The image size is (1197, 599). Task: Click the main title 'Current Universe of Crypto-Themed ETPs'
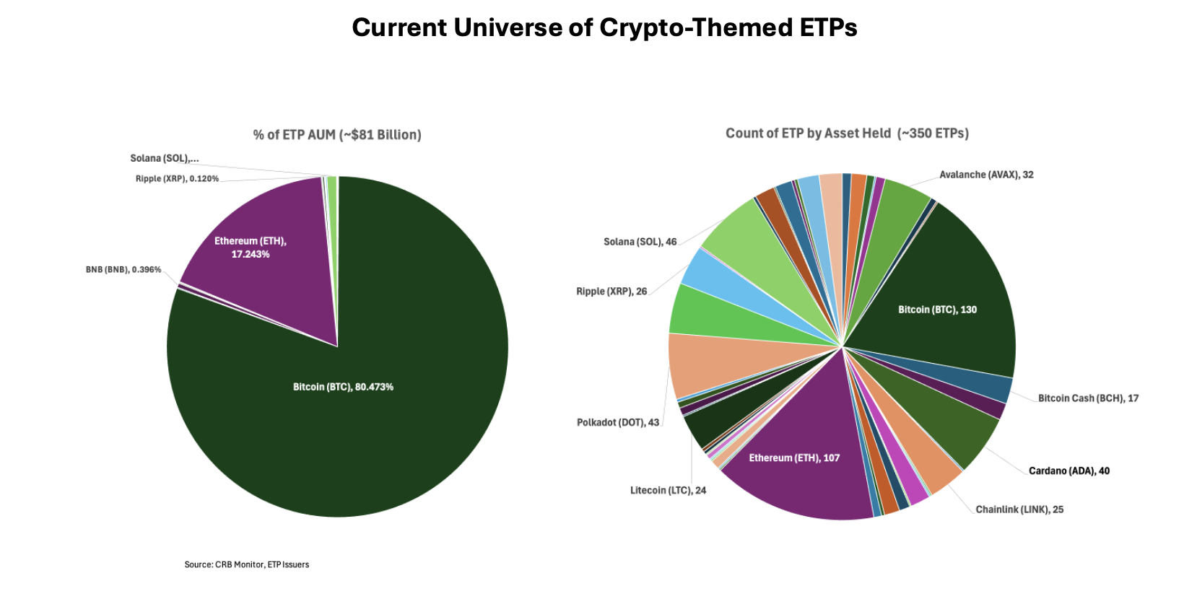604,27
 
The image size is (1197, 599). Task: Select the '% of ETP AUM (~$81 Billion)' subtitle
337,135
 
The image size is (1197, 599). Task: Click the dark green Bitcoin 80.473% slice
361,419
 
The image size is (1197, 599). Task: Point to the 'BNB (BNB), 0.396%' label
123,270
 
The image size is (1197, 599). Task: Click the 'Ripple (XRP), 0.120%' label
177,179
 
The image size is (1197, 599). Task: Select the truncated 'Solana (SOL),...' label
165,159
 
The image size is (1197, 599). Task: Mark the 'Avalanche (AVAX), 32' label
986,175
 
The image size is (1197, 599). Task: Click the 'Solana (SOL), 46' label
640,242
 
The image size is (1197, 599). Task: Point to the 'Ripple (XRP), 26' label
611,292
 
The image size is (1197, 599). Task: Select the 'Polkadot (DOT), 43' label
618,422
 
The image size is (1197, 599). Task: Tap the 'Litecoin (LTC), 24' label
668,491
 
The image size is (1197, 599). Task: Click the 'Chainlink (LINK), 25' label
1019,510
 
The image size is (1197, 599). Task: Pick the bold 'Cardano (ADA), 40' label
1068,471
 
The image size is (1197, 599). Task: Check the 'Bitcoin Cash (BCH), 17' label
1088,398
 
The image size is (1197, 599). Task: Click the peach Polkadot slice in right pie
711,364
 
